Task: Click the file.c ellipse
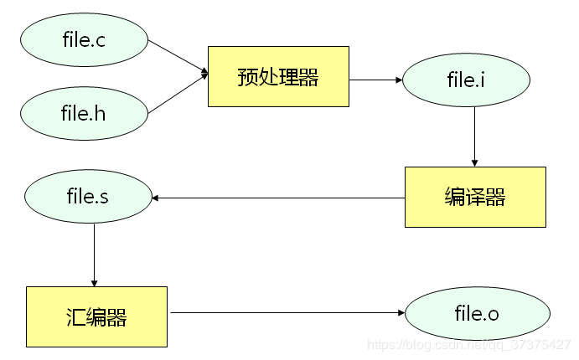(x=84, y=39)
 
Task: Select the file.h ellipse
(x=84, y=112)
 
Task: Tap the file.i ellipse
(x=467, y=80)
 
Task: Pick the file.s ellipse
(x=88, y=198)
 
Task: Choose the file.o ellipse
(x=477, y=314)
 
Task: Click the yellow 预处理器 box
(x=278, y=77)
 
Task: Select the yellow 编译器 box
(x=475, y=197)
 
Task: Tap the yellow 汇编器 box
(x=96, y=316)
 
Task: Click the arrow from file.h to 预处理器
(x=178, y=95)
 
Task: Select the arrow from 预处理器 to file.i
(x=375, y=80)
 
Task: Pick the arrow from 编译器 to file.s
(x=277, y=198)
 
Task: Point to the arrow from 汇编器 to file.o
(x=285, y=313)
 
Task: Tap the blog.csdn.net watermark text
(x=469, y=345)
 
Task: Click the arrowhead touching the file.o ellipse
(x=401, y=313)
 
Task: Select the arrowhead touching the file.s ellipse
(x=156, y=198)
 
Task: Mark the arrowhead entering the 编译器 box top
(x=474, y=162)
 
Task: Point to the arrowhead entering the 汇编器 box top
(x=94, y=282)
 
